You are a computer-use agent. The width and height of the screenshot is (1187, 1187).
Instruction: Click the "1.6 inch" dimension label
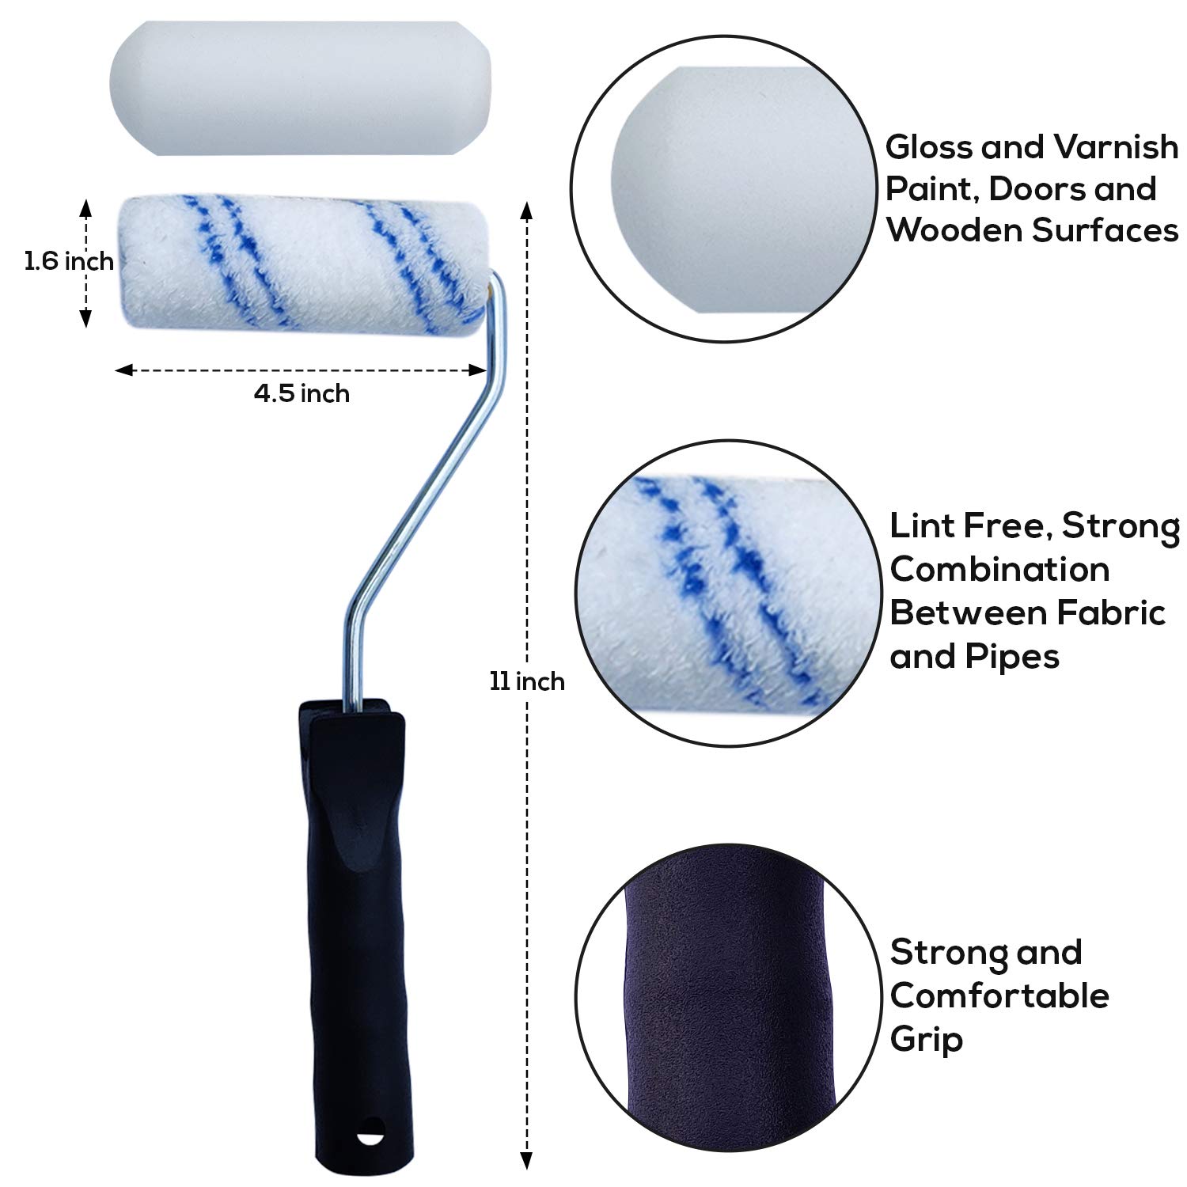(69, 261)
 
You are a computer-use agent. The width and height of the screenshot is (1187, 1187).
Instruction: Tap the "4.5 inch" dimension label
(301, 393)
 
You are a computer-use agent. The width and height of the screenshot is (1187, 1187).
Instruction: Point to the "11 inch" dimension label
(527, 681)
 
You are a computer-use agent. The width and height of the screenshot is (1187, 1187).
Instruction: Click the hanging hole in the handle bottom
(370, 1138)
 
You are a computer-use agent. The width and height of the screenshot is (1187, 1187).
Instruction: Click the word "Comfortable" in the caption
(999, 995)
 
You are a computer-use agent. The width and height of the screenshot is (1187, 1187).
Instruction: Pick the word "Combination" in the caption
(999, 570)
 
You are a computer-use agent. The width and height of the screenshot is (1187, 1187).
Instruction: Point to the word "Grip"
(926, 1039)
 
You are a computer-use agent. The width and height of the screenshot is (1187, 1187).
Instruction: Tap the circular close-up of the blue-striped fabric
(728, 593)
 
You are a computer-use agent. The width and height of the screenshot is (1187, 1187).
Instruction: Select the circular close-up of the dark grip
(728, 999)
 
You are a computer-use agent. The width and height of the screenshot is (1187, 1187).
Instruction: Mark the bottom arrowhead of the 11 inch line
(527, 1161)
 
